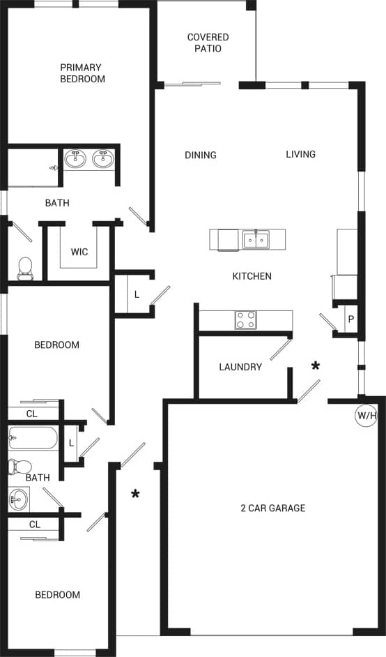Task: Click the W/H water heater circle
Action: coord(366,416)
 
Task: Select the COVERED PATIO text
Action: coord(208,43)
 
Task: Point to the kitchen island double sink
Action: coord(256,240)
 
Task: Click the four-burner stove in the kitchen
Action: coord(245,320)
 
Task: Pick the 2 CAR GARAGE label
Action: coord(272,508)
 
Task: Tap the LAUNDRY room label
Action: coord(240,367)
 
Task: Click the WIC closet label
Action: coord(79,252)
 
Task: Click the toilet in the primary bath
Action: coord(25,268)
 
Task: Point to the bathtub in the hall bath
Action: coord(32,439)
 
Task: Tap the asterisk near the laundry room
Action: coord(316,366)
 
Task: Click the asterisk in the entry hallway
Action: coord(136,494)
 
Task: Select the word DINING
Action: coord(201,155)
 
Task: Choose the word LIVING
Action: coord(300,154)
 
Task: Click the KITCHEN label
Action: coord(252,276)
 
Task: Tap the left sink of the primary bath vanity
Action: coord(76,159)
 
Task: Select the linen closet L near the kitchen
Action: coord(137,294)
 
